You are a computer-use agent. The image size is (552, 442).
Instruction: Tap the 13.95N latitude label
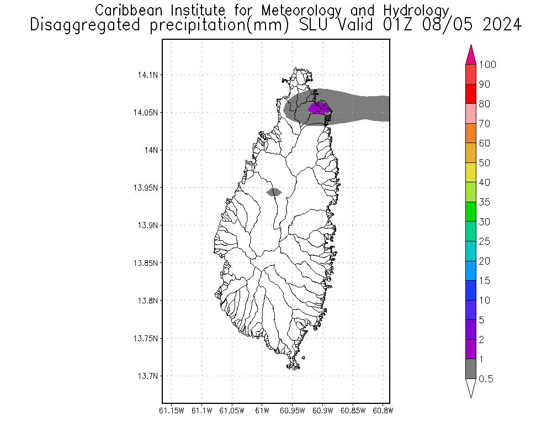pos(145,188)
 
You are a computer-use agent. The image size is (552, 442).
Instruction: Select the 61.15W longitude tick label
pos(171,411)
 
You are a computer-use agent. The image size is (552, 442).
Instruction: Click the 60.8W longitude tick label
pos(383,411)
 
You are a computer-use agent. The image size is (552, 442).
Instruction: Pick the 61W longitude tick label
pos(262,411)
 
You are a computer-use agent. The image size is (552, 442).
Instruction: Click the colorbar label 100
pos(487,65)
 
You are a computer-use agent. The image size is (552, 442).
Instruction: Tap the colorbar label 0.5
pos(486,379)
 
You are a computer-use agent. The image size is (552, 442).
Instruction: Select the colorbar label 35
pos(484,202)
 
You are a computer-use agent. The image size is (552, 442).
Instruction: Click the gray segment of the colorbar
pos(471,369)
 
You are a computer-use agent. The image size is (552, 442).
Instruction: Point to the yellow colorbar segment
pos(471,172)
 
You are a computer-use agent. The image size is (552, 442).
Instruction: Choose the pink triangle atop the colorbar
pos(471,55)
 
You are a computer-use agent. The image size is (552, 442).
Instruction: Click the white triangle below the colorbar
pos(471,387)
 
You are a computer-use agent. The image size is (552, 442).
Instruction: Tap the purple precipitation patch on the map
pos(319,108)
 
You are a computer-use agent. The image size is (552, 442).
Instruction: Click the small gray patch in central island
pos(274,192)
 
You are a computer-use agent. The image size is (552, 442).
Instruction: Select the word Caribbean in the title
pos(129,10)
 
